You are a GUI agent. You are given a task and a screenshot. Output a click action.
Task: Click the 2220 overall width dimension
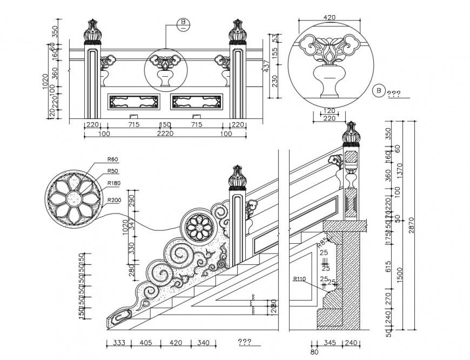(165, 133)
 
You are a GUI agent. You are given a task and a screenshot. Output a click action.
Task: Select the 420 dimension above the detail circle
(329, 17)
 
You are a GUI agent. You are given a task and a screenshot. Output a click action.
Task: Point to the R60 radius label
(112, 159)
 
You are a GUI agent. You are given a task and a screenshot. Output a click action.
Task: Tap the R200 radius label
(113, 201)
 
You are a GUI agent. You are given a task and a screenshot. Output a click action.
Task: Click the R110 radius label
(299, 279)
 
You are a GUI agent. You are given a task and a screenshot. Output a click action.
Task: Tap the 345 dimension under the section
(327, 342)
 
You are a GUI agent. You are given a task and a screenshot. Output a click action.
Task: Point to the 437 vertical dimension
(265, 66)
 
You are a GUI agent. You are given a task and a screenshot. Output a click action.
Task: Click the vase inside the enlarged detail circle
(329, 82)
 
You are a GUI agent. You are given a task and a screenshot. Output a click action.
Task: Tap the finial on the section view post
(352, 134)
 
